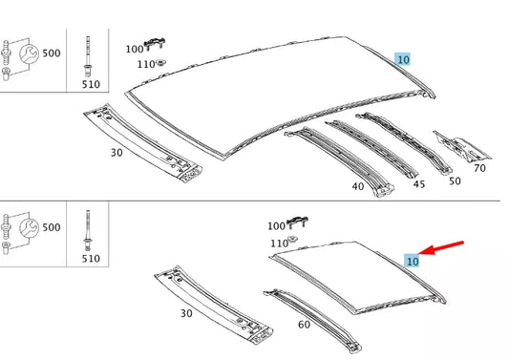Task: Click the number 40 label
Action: (x=358, y=186)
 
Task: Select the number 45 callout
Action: (x=418, y=185)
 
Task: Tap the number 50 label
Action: (x=454, y=180)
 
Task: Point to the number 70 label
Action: (x=479, y=168)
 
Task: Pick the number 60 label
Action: (x=304, y=325)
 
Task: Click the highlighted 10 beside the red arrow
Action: (x=413, y=260)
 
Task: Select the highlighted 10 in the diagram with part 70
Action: (x=403, y=58)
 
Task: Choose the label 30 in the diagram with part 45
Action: (x=117, y=152)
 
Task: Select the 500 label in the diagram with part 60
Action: (x=50, y=228)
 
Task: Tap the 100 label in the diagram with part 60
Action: (x=277, y=226)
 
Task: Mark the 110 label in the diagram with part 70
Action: (x=144, y=64)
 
